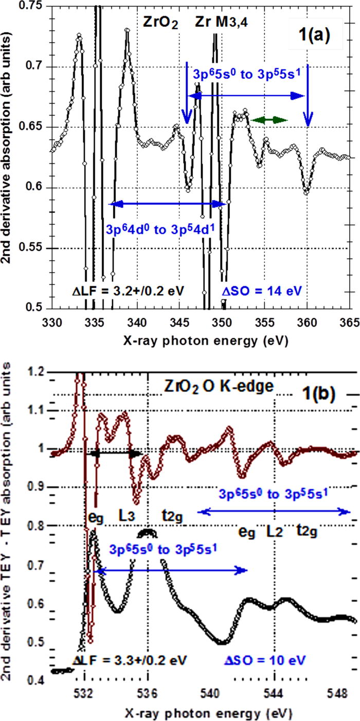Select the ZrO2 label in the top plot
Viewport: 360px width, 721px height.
(x=160, y=24)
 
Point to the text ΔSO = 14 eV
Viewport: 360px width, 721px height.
(x=264, y=290)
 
